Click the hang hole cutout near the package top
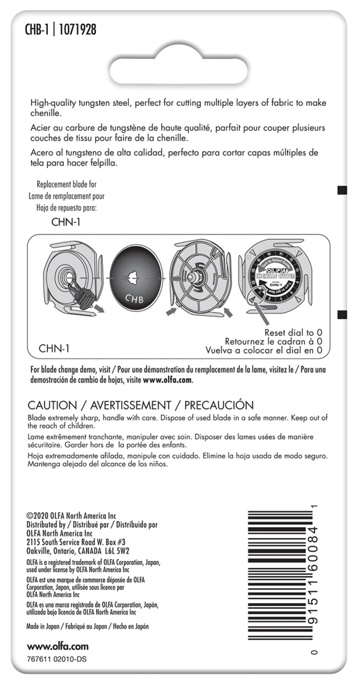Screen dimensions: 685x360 tap(180, 64)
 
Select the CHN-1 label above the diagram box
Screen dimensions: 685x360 tap(66, 224)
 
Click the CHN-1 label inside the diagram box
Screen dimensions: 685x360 tap(54, 348)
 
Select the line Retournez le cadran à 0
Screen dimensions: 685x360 tap(274, 341)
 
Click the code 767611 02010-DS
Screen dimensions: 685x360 tap(57, 659)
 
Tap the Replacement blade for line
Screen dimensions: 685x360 tap(66, 184)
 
